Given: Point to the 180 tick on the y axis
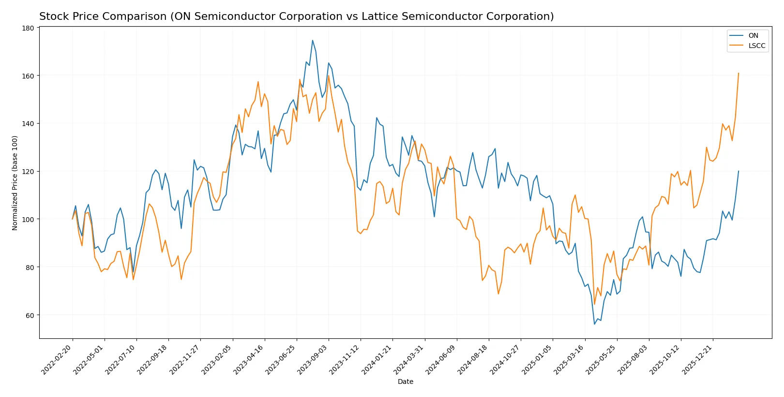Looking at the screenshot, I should click(29, 28).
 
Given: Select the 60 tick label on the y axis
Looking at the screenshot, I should click(30, 315).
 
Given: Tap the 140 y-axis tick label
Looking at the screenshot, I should click(29, 124).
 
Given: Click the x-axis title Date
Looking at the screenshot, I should click(405, 381).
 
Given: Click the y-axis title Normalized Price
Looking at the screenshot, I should click(15, 183).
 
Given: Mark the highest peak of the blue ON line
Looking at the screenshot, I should click(313, 40).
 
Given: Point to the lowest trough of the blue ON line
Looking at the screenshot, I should click(594, 324).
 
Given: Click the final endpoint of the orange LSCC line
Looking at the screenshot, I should click(739, 73).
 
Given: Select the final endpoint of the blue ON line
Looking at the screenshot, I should click(739, 171).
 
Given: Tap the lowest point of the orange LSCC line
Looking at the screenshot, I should click(594, 304).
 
